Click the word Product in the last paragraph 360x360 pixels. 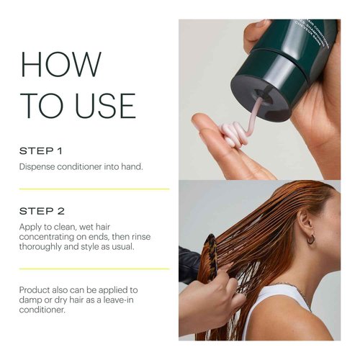[x=38, y=289]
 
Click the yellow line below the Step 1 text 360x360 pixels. [x=94, y=189]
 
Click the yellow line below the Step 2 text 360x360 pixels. [x=94, y=269]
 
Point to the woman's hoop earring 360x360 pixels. [x=311, y=238]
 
